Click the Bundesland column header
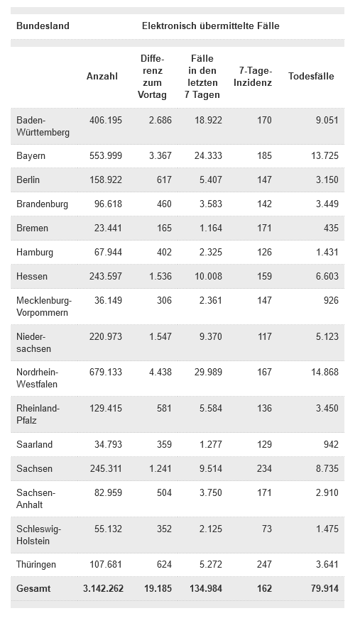point(43,26)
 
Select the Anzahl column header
point(102,77)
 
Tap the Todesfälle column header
point(311,77)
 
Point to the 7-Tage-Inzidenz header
point(253,77)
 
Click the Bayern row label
point(31,156)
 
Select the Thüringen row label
point(36,565)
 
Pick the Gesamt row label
point(33,588)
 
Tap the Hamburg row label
point(35,253)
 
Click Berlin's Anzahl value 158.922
point(106,180)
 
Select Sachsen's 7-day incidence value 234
point(265,468)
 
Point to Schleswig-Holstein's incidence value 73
point(267,529)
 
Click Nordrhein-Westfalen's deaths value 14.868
point(325,373)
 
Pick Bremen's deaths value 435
point(331,228)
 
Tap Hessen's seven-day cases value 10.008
point(209,276)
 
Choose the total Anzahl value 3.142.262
point(104,588)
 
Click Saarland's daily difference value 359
point(164,444)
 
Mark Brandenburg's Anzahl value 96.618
point(108,204)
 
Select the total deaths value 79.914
point(325,588)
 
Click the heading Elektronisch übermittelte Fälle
point(211,26)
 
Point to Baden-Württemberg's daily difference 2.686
point(160,120)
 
